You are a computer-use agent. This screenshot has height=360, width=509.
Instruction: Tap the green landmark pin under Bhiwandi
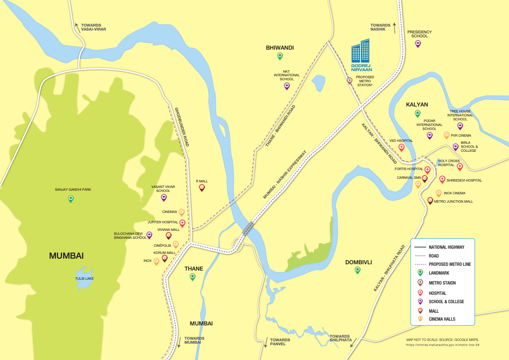(x=280, y=56)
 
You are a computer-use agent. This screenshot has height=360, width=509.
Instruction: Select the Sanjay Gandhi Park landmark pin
(x=71, y=198)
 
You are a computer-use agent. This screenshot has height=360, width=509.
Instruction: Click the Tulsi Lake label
(x=84, y=279)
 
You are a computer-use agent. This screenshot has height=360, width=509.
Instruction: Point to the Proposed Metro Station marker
(x=350, y=80)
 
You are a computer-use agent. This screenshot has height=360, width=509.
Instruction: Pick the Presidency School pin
(x=418, y=43)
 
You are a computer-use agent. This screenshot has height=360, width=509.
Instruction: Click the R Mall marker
(x=202, y=188)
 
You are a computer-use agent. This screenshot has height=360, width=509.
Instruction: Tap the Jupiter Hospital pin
(x=182, y=223)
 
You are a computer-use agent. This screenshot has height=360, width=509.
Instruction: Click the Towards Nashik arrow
(x=395, y=27)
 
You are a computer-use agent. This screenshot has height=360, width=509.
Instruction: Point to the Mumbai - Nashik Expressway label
(x=285, y=174)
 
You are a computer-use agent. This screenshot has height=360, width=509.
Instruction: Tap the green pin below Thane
(x=193, y=277)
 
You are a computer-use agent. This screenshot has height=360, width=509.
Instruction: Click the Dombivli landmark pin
(x=358, y=270)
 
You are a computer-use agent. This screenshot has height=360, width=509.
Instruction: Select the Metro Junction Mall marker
(x=430, y=201)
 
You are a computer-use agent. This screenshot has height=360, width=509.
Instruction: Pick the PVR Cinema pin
(x=447, y=135)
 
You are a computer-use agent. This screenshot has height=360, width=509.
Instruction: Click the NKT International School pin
(x=286, y=86)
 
